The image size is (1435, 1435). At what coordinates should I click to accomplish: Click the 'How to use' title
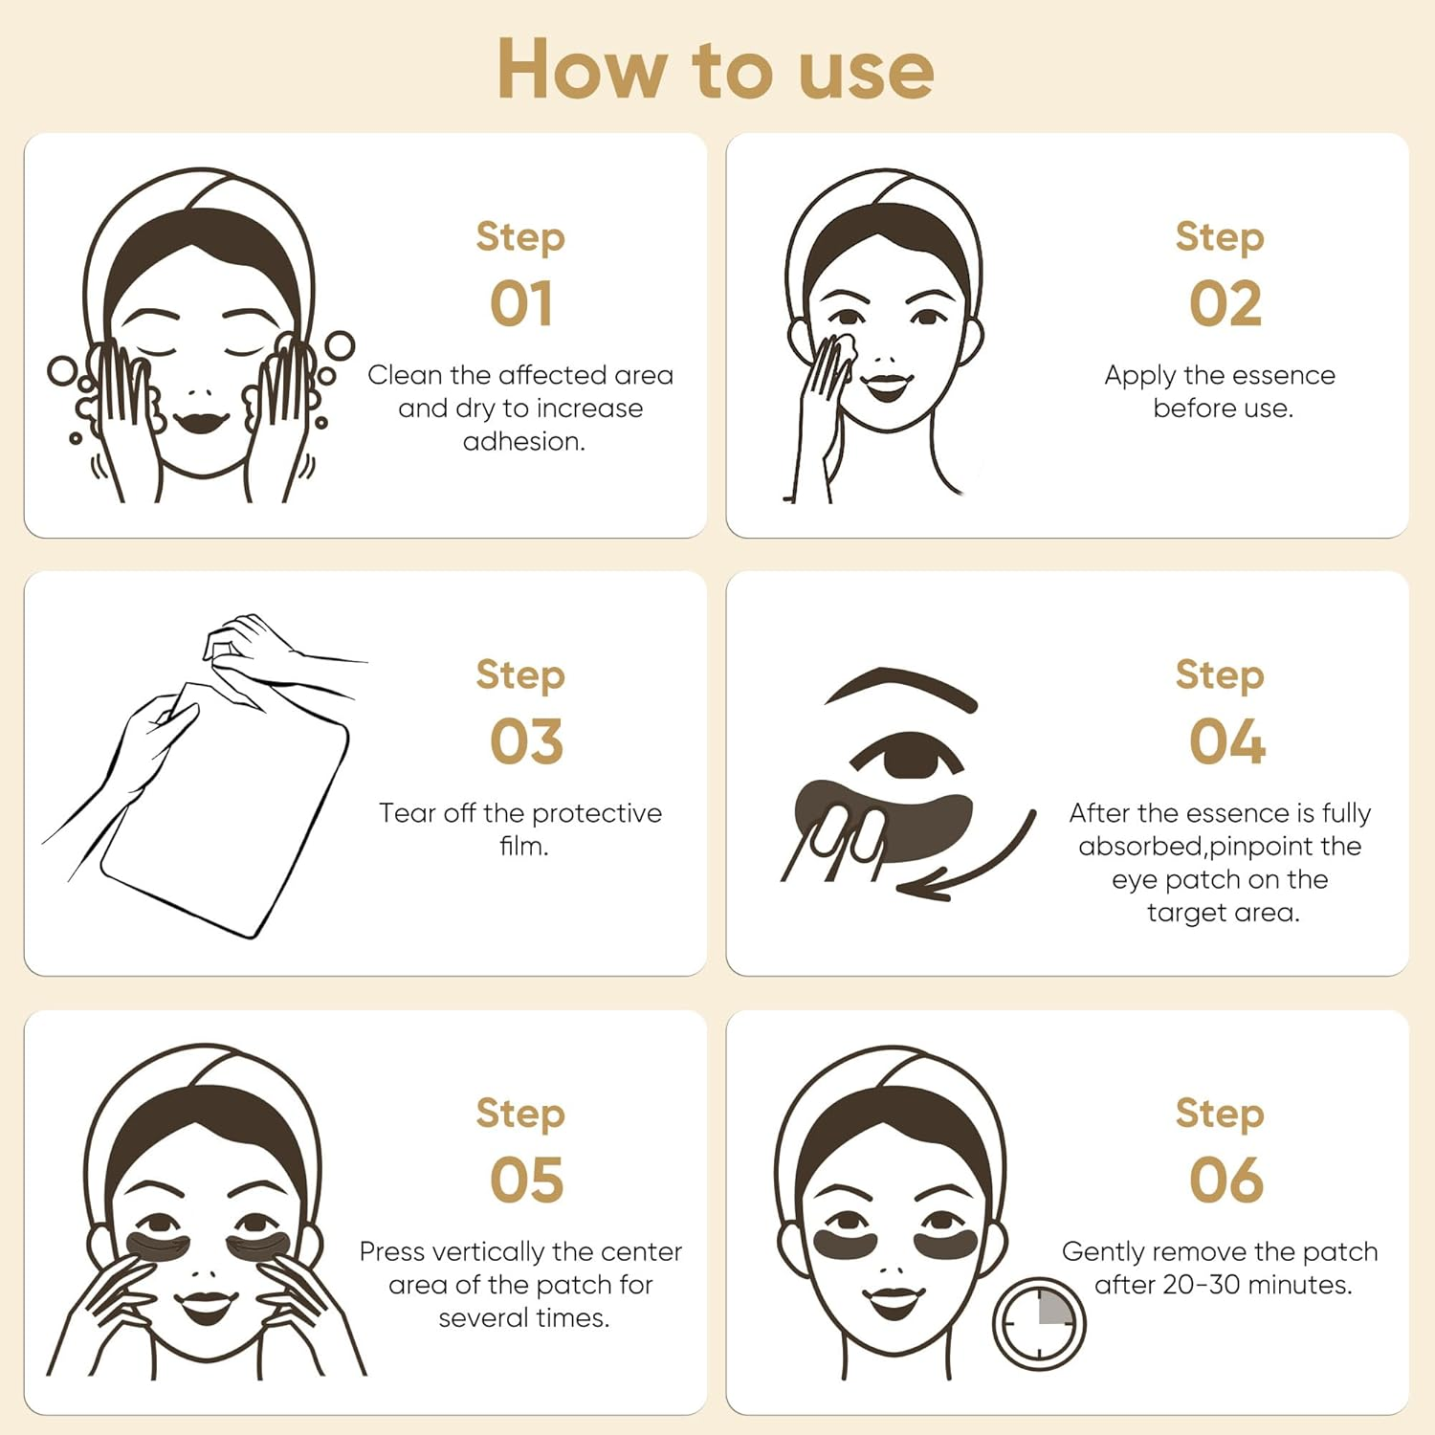pos(716,69)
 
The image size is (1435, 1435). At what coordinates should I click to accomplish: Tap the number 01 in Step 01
pos(521,304)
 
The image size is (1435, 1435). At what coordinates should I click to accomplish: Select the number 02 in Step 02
pos(1225,304)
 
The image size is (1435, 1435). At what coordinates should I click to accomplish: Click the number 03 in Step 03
pos(526,742)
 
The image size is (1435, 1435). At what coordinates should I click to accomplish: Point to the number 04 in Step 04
pos(1227,742)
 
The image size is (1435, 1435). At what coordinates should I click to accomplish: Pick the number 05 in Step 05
pos(526,1181)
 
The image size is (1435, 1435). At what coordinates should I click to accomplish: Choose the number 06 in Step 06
pos(1226,1181)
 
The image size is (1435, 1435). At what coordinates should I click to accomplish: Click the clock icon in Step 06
pos(1039,1323)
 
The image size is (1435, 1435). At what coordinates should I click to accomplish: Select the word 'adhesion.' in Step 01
pos(523,441)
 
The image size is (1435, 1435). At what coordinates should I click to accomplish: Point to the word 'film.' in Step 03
pos(523,846)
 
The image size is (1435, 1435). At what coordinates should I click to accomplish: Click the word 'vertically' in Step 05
pos(486,1252)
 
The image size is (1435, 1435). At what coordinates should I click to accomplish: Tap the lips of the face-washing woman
pos(199,421)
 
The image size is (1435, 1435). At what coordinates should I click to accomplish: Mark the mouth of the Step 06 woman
pos(894,1301)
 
